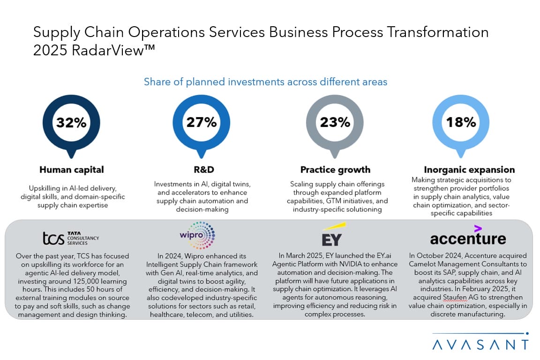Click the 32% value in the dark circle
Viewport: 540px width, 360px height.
click(x=71, y=123)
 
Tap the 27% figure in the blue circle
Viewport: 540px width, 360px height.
click(x=202, y=123)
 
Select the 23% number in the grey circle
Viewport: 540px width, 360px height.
click(x=335, y=123)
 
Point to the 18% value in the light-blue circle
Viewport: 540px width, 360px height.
click(x=461, y=123)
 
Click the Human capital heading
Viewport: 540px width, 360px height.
click(x=72, y=170)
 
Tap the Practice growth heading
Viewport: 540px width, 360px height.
click(x=335, y=170)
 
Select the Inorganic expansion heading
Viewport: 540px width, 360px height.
click(x=469, y=170)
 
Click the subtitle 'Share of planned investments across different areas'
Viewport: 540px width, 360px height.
click(x=265, y=82)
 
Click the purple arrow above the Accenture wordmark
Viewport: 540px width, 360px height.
click(x=478, y=228)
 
